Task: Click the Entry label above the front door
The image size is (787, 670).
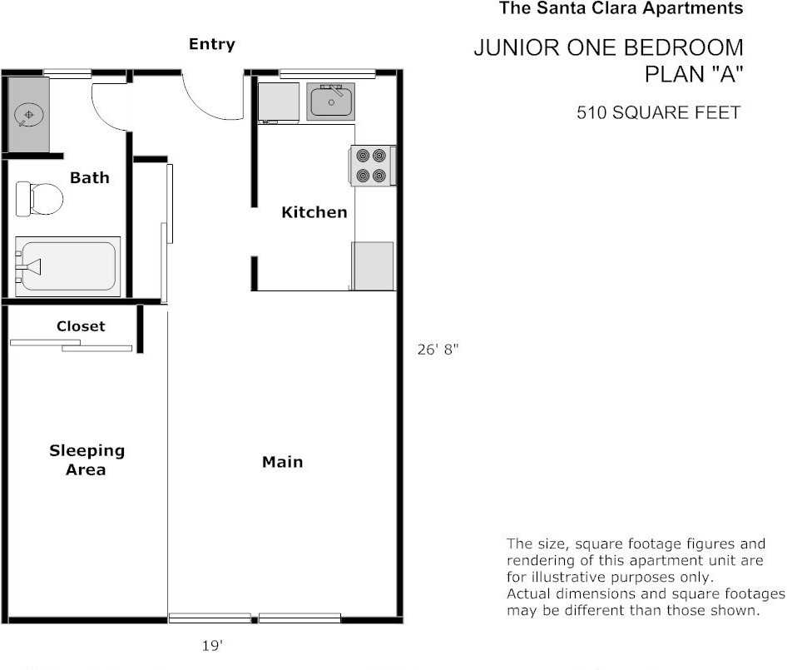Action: [211, 44]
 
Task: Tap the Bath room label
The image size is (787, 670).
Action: [89, 177]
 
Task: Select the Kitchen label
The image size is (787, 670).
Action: [314, 212]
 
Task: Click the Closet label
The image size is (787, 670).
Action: [81, 326]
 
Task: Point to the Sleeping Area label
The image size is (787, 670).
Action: [87, 459]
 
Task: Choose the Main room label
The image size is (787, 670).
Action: [282, 462]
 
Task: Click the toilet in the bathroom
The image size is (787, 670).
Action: [39, 199]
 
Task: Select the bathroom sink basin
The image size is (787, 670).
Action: [28, 114]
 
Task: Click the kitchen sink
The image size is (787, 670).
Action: [331, 102]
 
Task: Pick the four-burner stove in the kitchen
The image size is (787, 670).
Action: [371, 165]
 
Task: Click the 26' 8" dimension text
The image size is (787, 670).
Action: [438, 350]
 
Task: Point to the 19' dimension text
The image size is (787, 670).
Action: [212, 645]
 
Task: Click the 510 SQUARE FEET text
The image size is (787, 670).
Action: [658, 112]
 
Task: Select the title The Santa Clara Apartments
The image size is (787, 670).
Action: [621, 9]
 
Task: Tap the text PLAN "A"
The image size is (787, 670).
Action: [694, 74]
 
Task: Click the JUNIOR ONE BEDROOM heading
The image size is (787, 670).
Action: [608, 47]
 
